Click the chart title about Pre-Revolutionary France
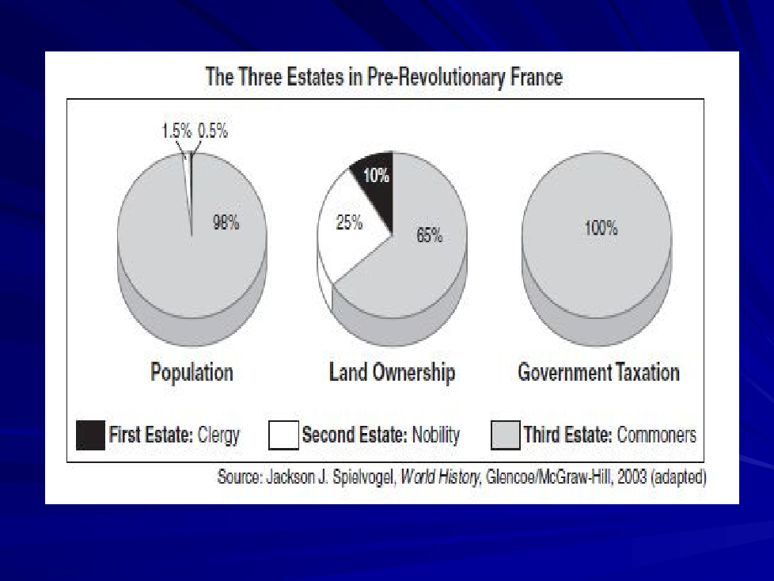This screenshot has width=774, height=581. coord(384,78)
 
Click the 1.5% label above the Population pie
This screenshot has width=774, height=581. coord(176,132)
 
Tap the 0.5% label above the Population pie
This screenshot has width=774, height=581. coord(212,132)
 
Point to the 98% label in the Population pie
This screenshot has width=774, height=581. coord(226,223)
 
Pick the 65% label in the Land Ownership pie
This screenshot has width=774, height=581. coord(429,235)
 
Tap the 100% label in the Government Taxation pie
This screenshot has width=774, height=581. coord(601,229)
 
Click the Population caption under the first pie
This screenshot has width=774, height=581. coord(192,372)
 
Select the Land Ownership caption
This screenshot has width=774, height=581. coord(392,372)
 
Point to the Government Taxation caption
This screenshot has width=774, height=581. coord(598,372)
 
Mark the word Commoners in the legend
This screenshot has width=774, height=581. coord(656,435)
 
